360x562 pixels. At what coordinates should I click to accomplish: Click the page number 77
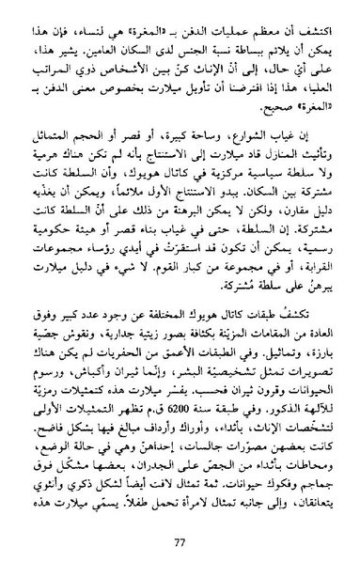(180, 539)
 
